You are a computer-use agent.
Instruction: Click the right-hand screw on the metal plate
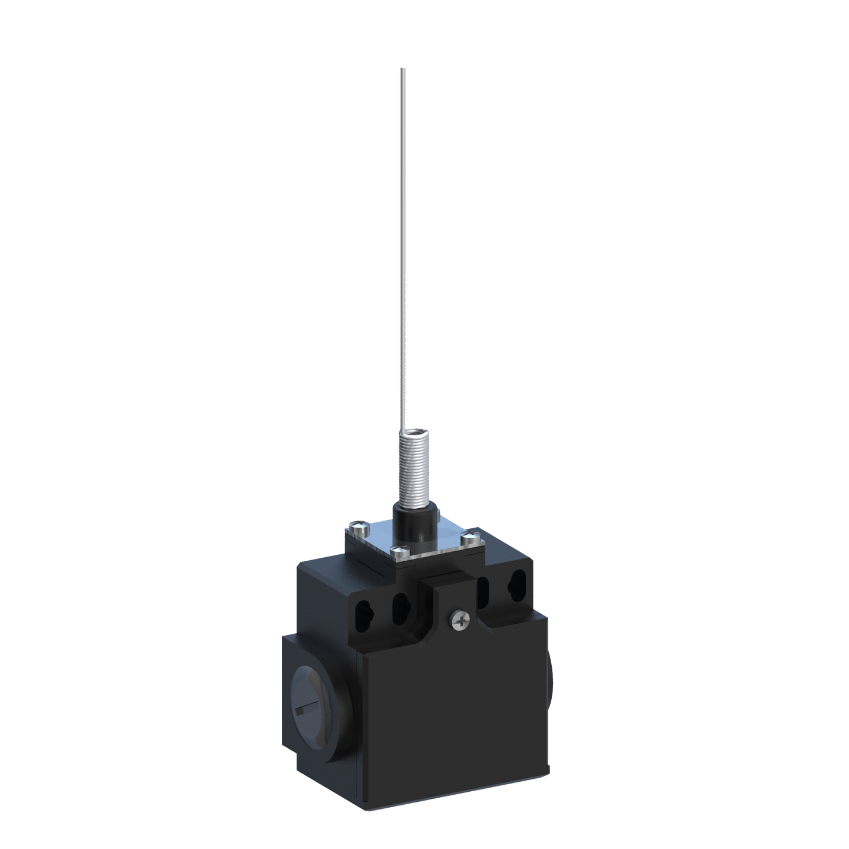pyautogui.click(x=469, y=537)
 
